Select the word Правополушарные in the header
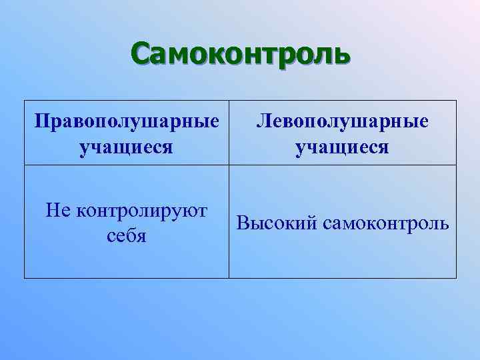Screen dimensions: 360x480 point(127,121)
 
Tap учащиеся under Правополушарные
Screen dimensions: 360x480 point(127,145)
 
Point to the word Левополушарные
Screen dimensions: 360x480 point(343,121)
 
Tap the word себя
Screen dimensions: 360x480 point(127,236)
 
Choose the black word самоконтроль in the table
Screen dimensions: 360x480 point(386,223)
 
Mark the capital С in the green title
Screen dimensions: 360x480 point(141,53)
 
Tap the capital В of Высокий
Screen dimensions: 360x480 point(242,223)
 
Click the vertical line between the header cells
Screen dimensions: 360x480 point(229,132)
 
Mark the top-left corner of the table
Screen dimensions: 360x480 point(25,101)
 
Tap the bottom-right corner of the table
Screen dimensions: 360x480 point(457,277)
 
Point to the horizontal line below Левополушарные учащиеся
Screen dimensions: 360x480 point(343,164)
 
